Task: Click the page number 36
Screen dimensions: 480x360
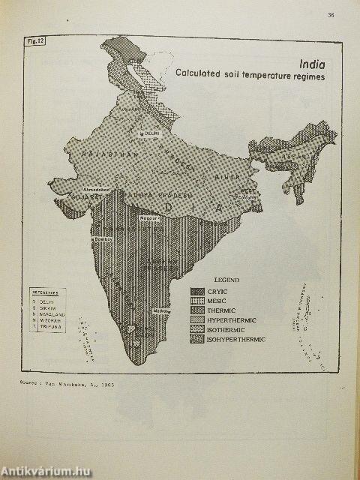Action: click(x=331, y=15)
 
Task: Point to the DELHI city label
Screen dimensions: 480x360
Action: click(x=152, y=133)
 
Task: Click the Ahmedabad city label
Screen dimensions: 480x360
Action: click(x=99, y=190)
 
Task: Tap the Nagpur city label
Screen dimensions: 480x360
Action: click(x=147, y=218)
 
